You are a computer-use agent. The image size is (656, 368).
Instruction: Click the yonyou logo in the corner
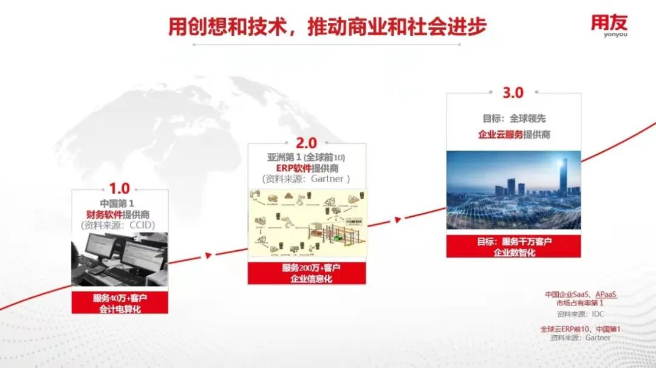[x=609, y=26]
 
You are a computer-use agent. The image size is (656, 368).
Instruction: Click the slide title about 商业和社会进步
[x=327, y=27]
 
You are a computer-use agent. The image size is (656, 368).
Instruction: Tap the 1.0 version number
[x=119, y=189]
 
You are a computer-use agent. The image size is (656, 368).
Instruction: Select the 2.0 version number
[x=306, y=143]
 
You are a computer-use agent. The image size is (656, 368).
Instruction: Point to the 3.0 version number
[x=513, y=93]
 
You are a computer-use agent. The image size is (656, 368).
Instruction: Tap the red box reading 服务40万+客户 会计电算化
[x=120, y=303]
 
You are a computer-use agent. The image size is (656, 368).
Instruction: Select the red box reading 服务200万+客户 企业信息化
[x=306, y=273]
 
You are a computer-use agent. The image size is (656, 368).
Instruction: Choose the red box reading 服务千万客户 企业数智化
[x=513, y=247]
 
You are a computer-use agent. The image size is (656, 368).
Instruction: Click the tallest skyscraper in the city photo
[x=563, y=176]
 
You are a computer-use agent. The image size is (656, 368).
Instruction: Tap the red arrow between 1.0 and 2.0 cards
[x=208, y=255]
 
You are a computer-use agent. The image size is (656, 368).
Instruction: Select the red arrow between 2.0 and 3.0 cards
[x=398, y=219]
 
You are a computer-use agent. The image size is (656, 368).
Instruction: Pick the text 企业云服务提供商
[x=513, y=135]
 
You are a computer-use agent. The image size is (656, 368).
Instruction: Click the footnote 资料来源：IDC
[x=580, y=314]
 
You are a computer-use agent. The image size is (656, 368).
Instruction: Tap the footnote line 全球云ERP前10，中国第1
[x=580, y=329]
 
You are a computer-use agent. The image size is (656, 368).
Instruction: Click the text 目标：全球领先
[x=513, y=118]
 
